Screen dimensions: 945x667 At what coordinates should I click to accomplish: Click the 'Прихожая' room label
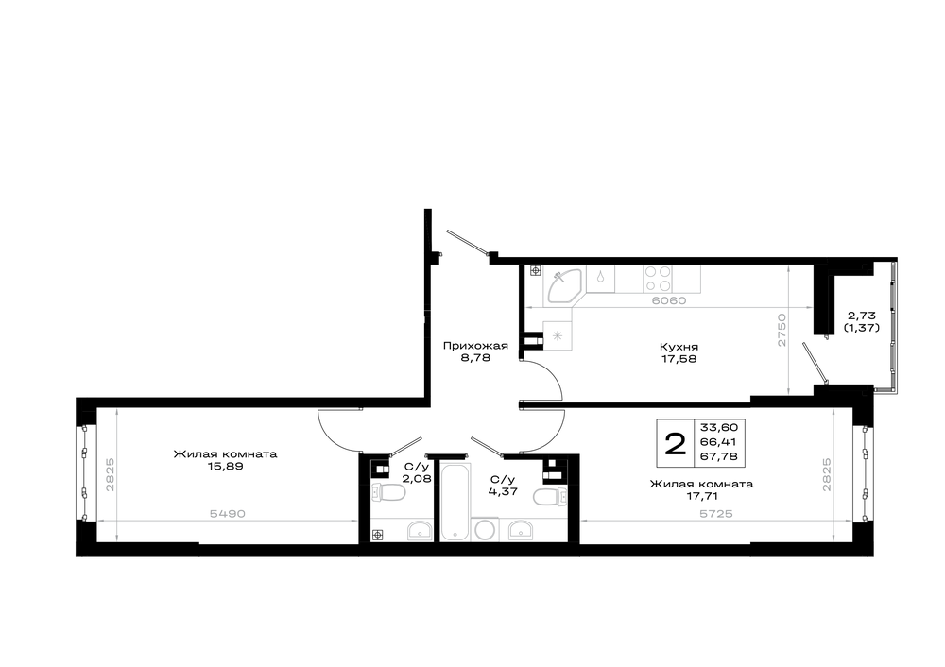coord(475,346)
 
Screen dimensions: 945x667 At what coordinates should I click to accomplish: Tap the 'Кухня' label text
coord(679,347)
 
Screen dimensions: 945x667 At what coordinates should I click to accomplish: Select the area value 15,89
coord(226,467)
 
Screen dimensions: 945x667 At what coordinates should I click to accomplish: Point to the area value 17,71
coord(701,497)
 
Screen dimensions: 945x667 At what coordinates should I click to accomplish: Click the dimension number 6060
coord(669,300)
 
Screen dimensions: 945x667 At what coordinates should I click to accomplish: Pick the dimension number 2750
coord(782,330)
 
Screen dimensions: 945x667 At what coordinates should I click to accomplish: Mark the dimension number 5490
coord(227,514)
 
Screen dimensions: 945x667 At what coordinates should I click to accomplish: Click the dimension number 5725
coord(716,514)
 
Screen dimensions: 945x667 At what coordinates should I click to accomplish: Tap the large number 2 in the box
coord(675,444)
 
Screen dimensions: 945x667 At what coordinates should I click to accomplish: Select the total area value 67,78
coord(719,456)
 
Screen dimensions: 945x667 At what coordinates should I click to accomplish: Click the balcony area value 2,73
coord(861,316)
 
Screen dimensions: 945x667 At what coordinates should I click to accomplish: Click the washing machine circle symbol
coord(485,530)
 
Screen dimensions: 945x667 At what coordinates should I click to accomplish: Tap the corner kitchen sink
coord(563,285)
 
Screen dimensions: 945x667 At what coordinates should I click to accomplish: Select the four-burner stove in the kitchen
coord(658,280)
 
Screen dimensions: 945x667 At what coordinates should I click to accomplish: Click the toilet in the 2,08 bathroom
coord(388,492)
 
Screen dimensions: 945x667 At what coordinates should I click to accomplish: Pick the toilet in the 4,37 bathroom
coord(550,497)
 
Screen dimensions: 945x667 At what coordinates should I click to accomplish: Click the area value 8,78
coord(475,358)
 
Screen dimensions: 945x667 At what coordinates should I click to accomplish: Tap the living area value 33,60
coord(719,427)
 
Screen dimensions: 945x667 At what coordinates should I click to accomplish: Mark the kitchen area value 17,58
coord(679,359)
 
